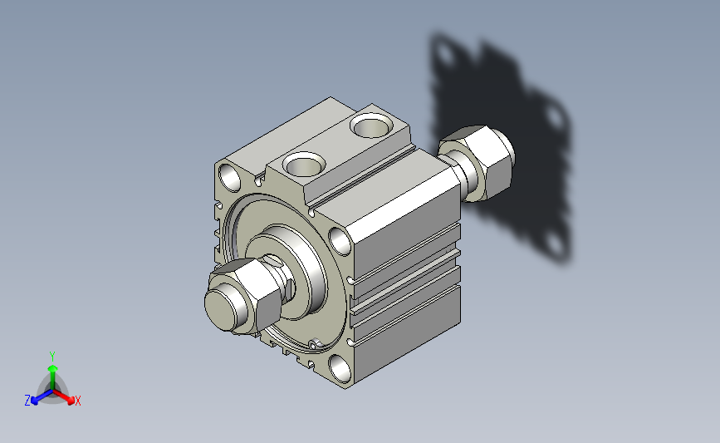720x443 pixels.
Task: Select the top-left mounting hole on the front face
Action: [229, 177]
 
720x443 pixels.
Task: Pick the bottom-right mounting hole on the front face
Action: [340, 368]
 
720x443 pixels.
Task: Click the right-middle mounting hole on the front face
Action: [340, 241]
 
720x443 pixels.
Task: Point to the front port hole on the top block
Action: [303, 164]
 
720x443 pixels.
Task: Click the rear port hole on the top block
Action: [371, 126]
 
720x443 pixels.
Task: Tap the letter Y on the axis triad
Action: [52, 357]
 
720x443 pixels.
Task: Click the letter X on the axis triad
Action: [77, 401]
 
